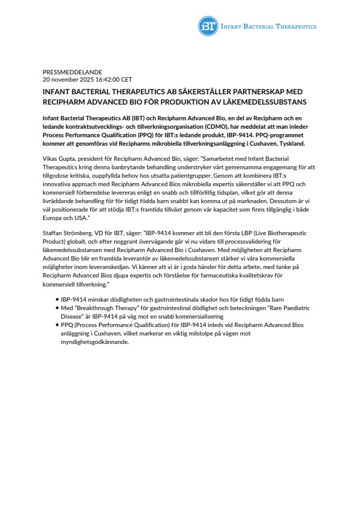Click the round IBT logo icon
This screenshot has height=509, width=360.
208,26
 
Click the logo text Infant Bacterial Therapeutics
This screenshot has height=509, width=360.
268,27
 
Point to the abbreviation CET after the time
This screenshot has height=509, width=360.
127,79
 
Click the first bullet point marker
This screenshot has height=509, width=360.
57,300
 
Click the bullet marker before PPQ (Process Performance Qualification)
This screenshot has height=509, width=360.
57,325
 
